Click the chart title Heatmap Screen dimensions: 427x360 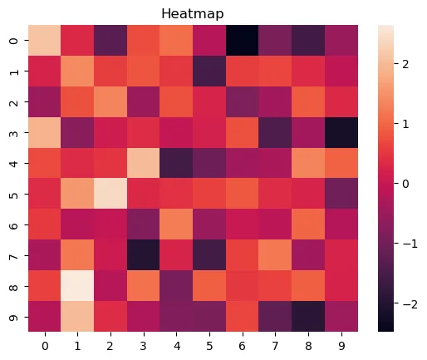(x=193, y=13)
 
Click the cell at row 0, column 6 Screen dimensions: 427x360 (x=243, y=41)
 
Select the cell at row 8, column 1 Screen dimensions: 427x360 (x=77, y=286)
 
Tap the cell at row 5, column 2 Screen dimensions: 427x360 (x=110, y=194)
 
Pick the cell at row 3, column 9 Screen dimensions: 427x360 (x=341, y=132)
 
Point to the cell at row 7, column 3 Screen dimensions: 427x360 (x=144, y=255)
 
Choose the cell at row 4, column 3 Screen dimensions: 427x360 (x=144, y=163)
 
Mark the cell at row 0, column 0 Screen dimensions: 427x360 (x=45, y=41)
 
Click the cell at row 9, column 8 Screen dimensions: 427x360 (x=308, y=316)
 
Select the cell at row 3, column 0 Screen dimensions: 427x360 (x=45, y=132)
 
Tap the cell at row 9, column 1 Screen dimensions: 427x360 (x=77, y=316)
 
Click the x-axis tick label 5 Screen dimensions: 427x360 (x=209, y=346)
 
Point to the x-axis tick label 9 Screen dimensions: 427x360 (x=341, y=346)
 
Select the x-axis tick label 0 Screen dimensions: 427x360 (x=45, y=346)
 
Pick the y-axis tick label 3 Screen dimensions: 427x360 (x=14, y=133)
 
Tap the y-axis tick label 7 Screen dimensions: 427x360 (x=14, y=255)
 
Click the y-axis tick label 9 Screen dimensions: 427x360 (x=14, y=317)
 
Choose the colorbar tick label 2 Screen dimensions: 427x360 (x=405, y=64)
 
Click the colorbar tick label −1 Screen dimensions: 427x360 (x=410, y=244)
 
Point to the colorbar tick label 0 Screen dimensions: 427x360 (x=405, y=184)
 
